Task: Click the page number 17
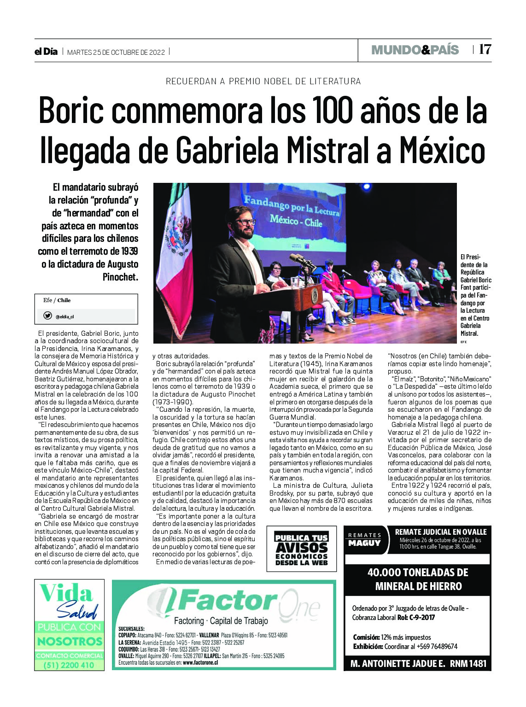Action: [x=485, y=49]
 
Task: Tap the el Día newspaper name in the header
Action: [x=46, y=52]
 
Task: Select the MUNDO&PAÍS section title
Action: [x=415, y=50]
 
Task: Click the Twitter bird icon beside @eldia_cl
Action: [x=47, y=316]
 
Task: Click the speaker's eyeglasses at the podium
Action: [x=245, y=222]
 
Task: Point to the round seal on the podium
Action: [x=315, y=295]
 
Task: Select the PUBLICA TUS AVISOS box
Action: [x=301, y=549]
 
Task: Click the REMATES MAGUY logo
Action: [x=364, y=539]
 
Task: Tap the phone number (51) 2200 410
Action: [x=69, y=665]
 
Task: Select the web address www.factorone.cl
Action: [x=200, y=662]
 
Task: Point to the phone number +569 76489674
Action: [x=435, y=646]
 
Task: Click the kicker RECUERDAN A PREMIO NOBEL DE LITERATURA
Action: [x=263, y=81]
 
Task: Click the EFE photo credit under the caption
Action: [x=463, y=342]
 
